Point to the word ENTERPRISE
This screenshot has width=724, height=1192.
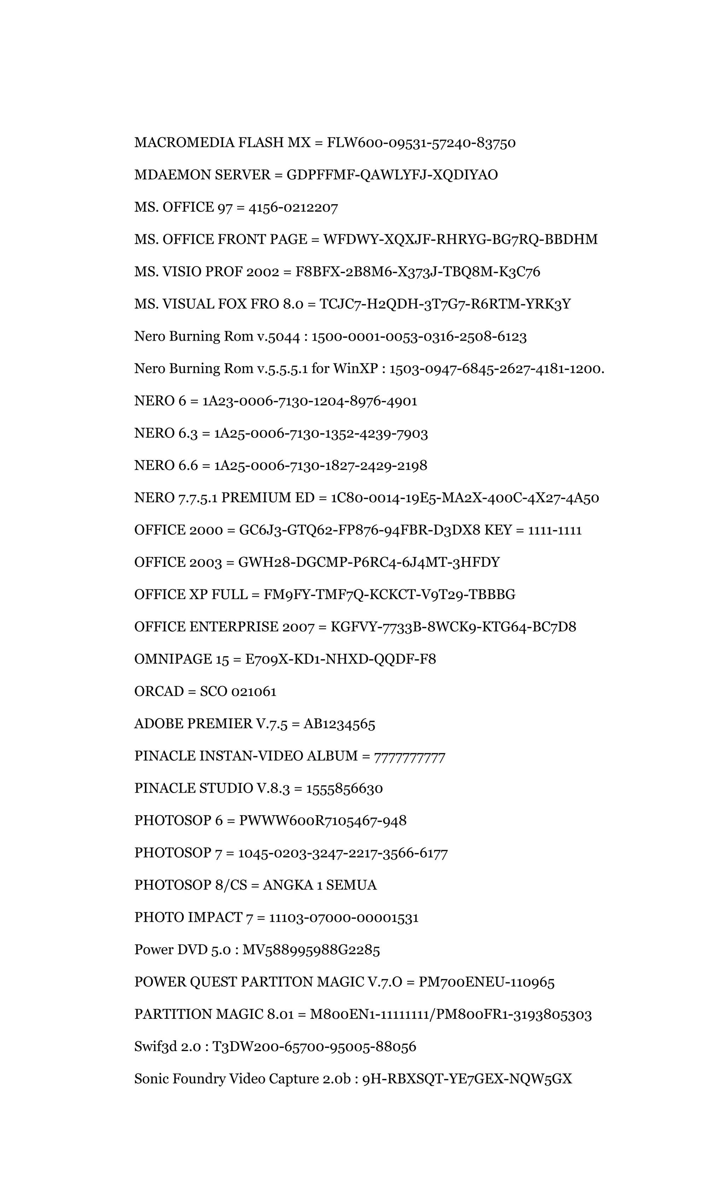(x=234, y=627)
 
